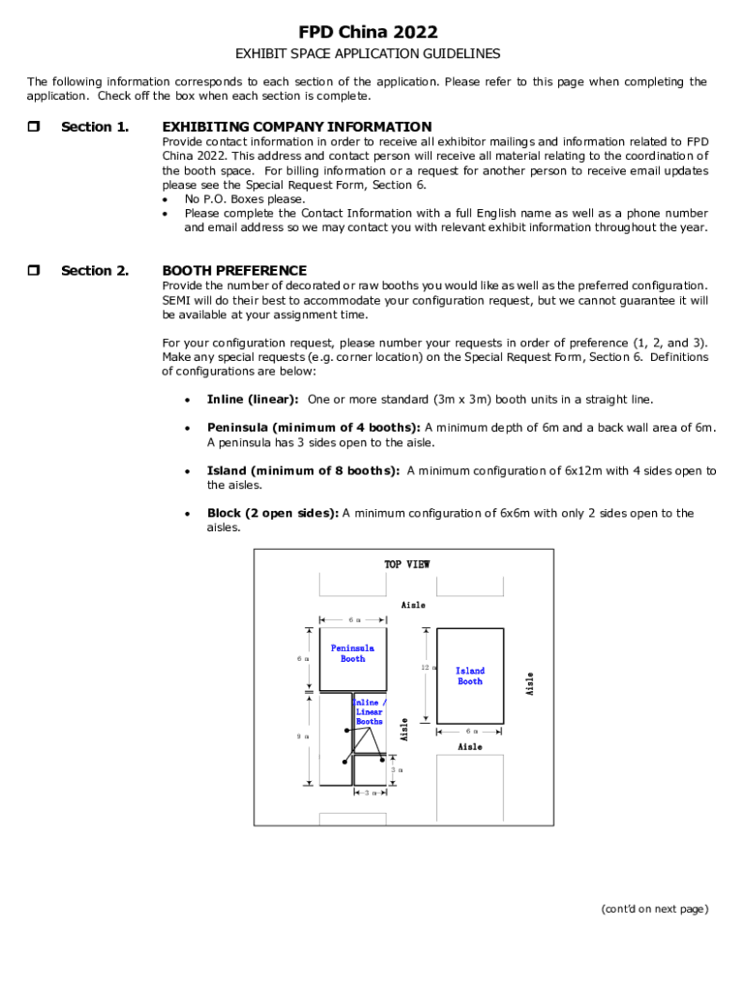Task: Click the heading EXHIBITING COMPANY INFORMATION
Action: (297, 127)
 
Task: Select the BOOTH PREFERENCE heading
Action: (234, 271)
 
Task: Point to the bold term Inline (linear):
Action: (253, 400)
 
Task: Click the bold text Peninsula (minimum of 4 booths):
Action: (313, 428)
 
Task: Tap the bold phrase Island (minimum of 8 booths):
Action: (303, 471)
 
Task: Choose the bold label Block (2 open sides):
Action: (273, 514)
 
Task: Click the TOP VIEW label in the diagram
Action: (406, 564)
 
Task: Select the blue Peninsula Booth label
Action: (352, 653)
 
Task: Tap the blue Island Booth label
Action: (470, 676)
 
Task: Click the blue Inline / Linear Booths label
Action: (369, 712)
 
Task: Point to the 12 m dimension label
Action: (426, 669)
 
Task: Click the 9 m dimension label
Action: (303, 736)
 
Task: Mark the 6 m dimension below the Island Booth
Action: (470, 732)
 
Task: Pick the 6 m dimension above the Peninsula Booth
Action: (353, 619)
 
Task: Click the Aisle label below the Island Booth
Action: (470, 747)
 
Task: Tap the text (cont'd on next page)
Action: (654, 909)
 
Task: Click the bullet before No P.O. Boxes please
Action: (166, 199)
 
